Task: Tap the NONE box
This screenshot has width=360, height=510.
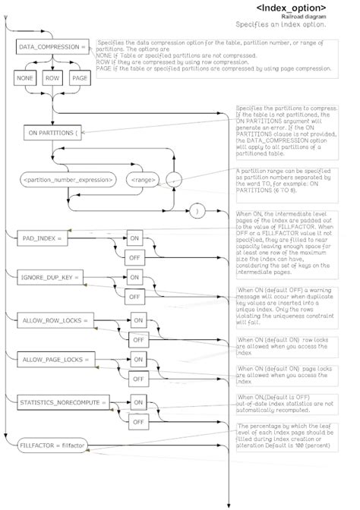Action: pos(26,78)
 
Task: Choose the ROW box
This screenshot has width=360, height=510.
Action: pos(52,78)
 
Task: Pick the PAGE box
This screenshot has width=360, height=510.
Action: pos(80,78)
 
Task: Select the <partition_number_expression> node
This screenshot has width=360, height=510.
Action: pos(68,180)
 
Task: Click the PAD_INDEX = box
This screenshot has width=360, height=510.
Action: pos(43,238)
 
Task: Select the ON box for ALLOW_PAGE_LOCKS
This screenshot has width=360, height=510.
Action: pos(137,360)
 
